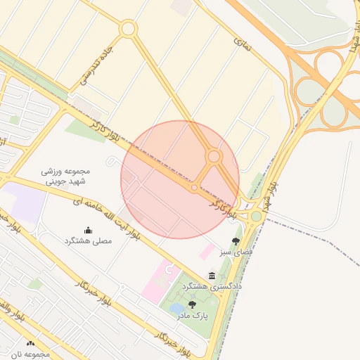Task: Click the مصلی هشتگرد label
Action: (x=88, y=240)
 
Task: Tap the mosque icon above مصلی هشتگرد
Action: (x=88, y=230)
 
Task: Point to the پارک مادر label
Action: (x=192, y=316)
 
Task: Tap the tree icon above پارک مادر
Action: (x=192, y=304)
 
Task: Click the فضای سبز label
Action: (x=236, y=252)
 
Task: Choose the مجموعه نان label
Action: (x=30, y=354)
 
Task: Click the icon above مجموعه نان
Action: (x=30, y=344)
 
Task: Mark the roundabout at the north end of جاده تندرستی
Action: (x=128, y=29)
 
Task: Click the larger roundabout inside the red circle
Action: (x=214, y=156)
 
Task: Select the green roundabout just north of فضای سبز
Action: (x=256, y=216)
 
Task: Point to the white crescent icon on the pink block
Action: (x=167, y=268)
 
